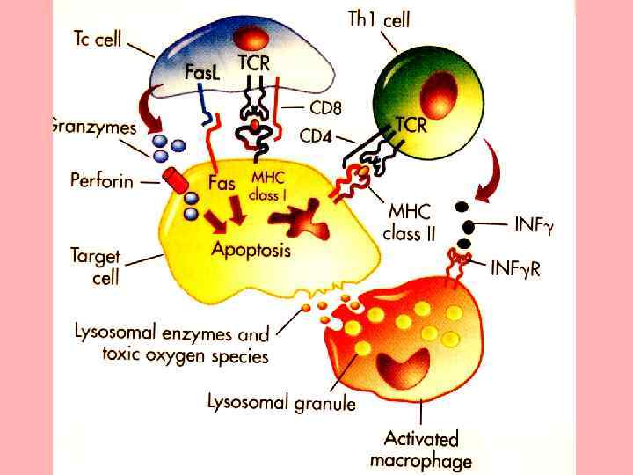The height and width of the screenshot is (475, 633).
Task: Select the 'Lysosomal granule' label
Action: tap(281, 404)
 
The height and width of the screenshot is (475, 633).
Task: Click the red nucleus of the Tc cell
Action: tap(254, 38)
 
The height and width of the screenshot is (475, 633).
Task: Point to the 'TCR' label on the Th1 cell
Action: tap(411, 125)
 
